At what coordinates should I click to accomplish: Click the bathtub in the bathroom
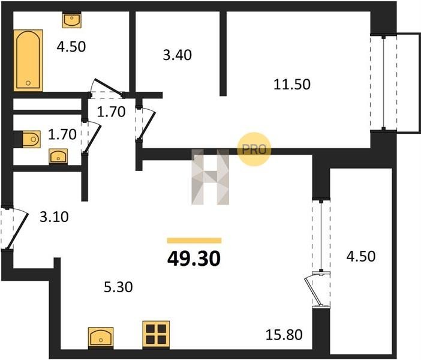[x=28, y=60]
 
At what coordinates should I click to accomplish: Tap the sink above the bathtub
[x=71, y=20]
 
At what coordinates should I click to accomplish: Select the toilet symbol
[x=28, y=139]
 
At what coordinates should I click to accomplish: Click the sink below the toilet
[x=58, y=157]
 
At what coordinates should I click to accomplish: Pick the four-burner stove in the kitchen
[x=156, y=334]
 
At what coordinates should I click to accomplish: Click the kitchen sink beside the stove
[x=101, y=337]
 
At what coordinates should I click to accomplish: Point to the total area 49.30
[x=194, y=259]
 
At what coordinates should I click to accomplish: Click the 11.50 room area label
[x=292, y=84]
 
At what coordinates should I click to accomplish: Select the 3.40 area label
[x=178, y=55]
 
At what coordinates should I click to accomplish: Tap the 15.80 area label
[x=284, y=335]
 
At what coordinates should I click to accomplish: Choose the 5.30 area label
[x=118, y=287]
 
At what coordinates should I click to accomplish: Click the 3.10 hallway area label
[x=54, y=217]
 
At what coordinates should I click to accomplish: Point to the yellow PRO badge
[x=254, y=149]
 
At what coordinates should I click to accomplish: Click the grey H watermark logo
[x=210, y=177]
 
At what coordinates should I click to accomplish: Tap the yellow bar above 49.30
[x=194, y=241]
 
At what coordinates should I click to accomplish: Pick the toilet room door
[x=91, y=137]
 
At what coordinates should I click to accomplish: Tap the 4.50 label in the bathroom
[x=71, y=46]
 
